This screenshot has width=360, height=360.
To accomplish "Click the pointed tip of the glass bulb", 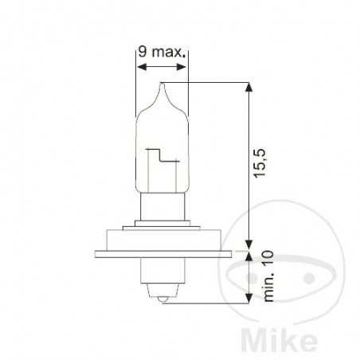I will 162,84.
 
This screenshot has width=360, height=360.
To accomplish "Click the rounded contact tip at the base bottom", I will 162,299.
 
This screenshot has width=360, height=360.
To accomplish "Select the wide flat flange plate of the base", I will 162,254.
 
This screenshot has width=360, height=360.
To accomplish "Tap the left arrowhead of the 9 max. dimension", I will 140,68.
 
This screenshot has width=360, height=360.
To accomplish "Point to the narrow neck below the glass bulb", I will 162,208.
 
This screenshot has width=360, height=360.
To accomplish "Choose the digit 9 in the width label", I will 142,53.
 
